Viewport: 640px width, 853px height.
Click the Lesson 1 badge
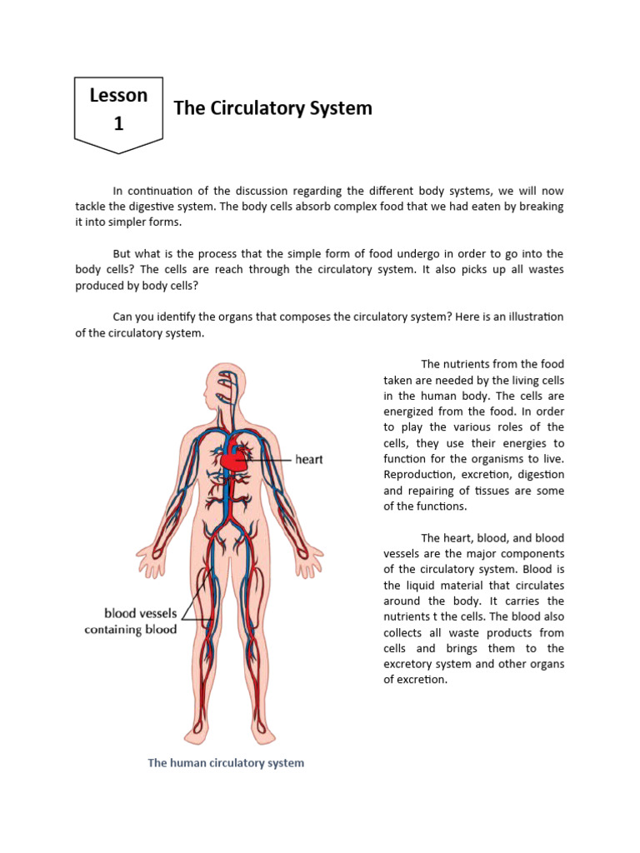point(118,110)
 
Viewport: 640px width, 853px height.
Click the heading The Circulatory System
point(272,108)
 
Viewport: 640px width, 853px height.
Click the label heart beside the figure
point(309,459)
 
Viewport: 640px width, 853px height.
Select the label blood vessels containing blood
point(130,621)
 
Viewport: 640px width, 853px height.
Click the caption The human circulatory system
point(226,763)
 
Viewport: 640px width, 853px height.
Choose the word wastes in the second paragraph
point(539,270)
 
